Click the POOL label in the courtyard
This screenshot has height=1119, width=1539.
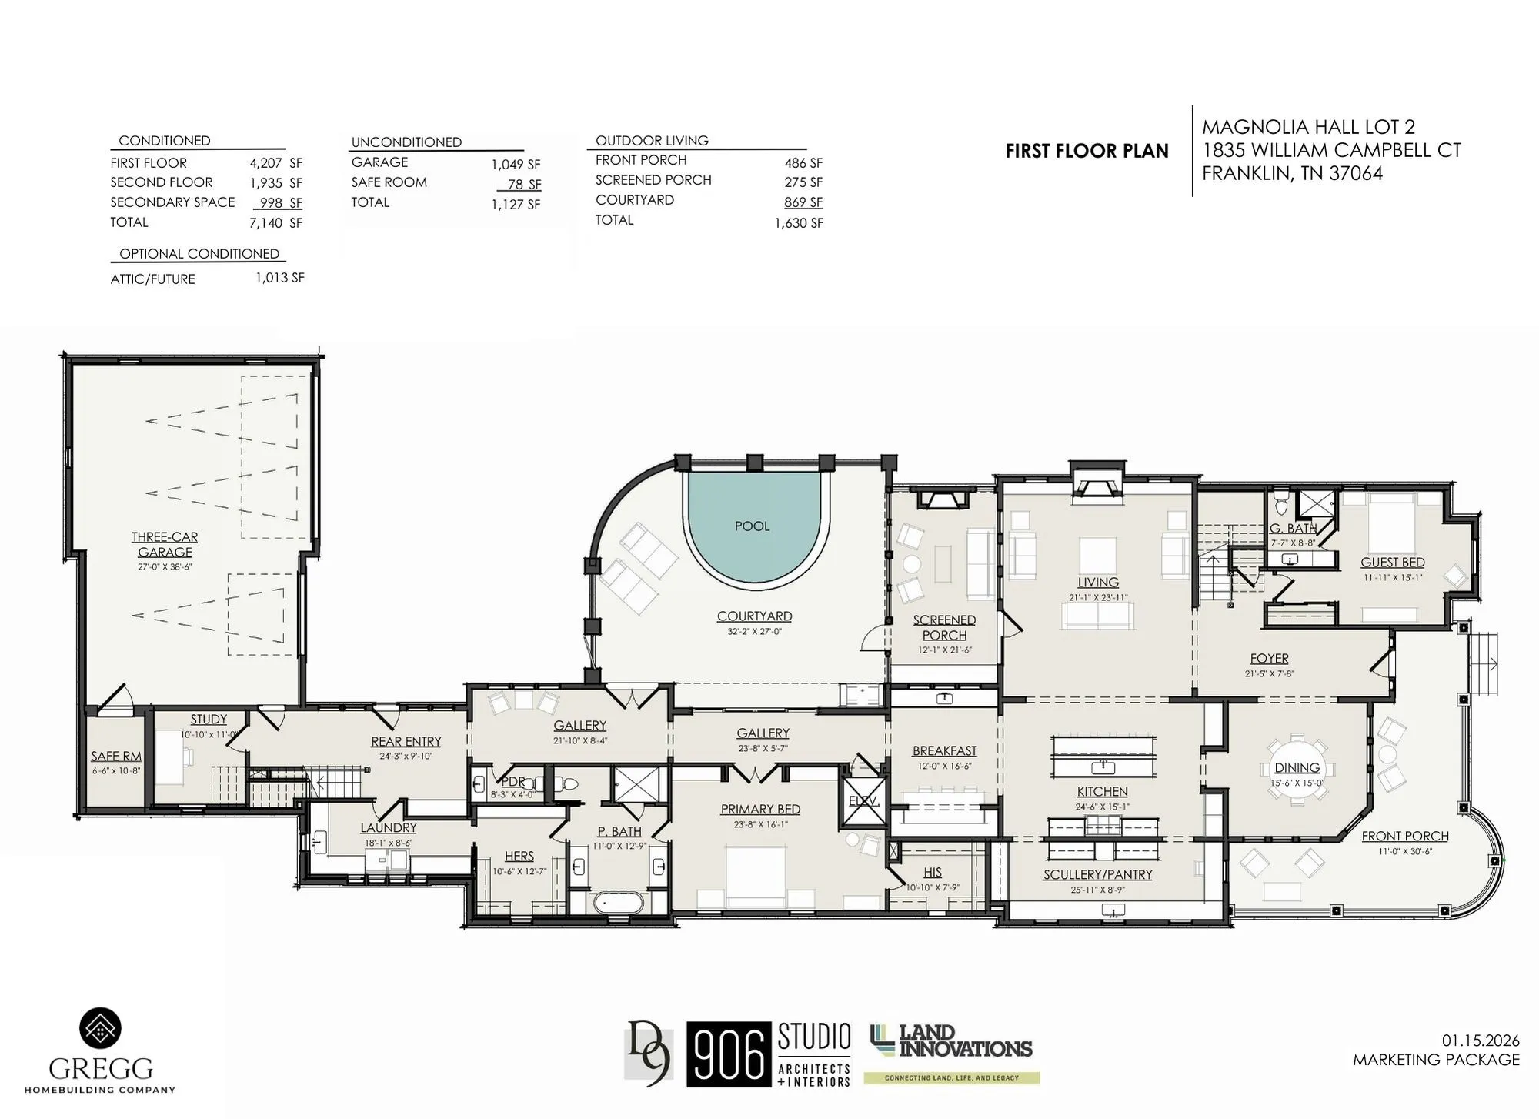pyautogui.click(x=752, y=526)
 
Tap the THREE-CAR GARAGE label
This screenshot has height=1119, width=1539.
pyautogui.click(x=165, y=544)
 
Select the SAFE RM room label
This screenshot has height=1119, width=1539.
pyautogui.click(x=116, y=757)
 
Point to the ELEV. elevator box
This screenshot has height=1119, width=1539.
pyautogui.click(x=863, y=801)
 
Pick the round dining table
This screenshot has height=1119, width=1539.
pyautogui.click(x=1297, y=768)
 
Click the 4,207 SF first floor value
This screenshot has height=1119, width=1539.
pyautogui.click(x=275, y=163)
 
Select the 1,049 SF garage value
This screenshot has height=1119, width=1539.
pyautogui.click(x=516, y=165)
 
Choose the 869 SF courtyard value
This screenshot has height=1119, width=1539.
pyautogui.click(x=803, y=202)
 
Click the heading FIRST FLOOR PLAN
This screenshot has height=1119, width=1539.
pyautogui.click(x=1087, y=152)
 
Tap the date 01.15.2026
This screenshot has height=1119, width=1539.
pyautogui.click(x=1481, y=1041)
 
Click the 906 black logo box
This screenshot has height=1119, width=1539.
pyautogui.click(x=729, y=1054)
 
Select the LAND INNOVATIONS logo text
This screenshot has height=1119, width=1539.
pyautogui.click(x=964, y=1041)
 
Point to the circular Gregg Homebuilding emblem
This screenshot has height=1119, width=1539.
pyautogui.click(x=101, y=1029)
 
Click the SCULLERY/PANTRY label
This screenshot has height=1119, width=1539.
pyautogui.click(x=1097, y=874)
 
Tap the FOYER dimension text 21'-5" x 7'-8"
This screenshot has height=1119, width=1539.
pyautogui.click(x=1269, y=673)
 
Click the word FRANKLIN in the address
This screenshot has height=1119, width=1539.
pyautogui.click(x=1247, y=174)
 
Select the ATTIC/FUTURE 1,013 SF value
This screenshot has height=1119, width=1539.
pyautogui.click(x=280, y=278)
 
